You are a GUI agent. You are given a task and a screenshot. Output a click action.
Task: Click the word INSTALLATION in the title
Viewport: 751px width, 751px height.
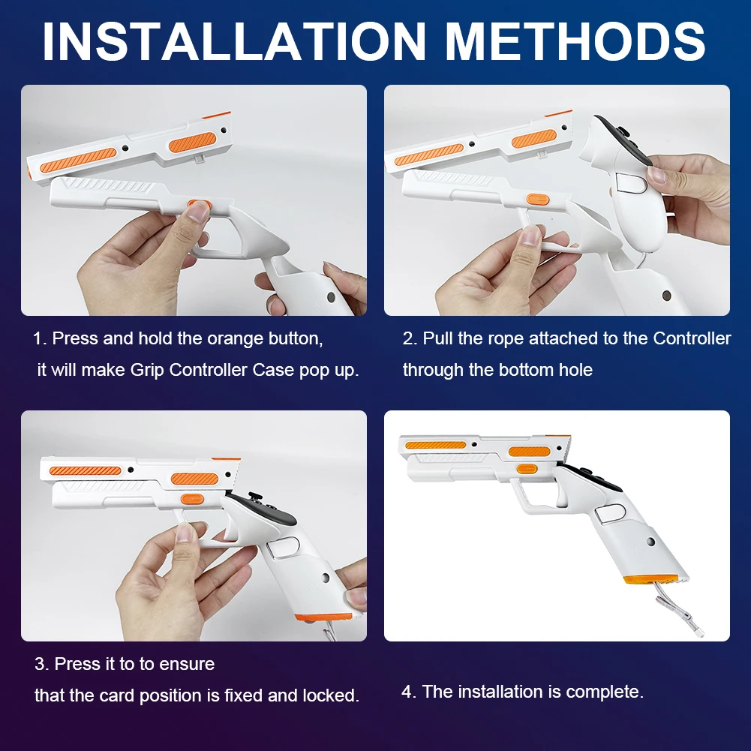[234, 41]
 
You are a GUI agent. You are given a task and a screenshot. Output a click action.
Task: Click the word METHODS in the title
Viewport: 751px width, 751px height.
[575, 41]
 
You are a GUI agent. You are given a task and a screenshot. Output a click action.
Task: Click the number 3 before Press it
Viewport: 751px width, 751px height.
[39, 664]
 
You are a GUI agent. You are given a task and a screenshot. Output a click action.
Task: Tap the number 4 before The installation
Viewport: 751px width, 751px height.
[407, 692]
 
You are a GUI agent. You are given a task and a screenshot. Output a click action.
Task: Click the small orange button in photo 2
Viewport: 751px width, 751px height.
[537, 200]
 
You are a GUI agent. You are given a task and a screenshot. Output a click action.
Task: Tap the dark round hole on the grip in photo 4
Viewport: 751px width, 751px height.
[650, 542]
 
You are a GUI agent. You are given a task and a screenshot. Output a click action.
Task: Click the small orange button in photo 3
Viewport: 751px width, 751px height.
[193, 499]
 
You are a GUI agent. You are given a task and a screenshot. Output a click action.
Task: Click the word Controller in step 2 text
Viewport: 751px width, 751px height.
[692, 339]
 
